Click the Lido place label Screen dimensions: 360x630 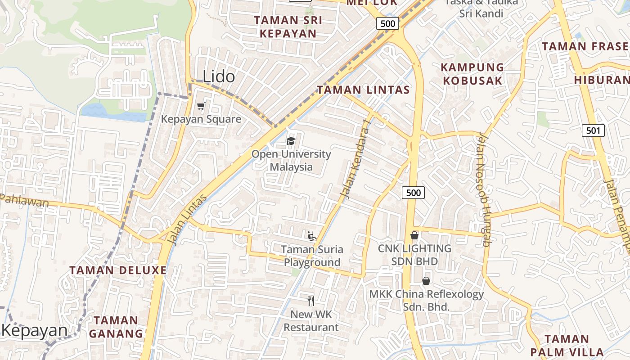219,76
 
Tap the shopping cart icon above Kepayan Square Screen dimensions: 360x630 201,106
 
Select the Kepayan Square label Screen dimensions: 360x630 201,119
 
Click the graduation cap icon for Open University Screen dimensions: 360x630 291,141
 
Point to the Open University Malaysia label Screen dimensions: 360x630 291,160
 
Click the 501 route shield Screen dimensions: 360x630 593,131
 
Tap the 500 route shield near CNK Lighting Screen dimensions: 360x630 413,193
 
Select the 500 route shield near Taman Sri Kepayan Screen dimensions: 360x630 388,23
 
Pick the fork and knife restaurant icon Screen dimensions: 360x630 311,301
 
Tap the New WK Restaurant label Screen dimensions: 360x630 311,321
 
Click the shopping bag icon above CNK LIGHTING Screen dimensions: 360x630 414,235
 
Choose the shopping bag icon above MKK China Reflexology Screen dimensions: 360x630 426,281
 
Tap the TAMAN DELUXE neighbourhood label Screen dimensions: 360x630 118,270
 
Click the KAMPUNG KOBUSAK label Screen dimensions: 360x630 472,74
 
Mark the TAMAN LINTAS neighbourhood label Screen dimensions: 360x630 364,90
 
